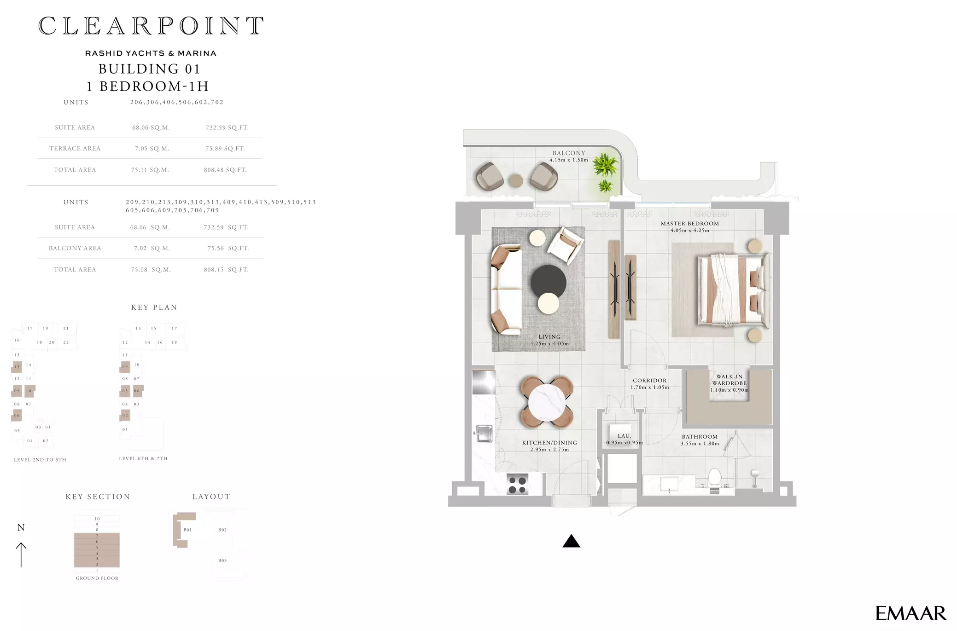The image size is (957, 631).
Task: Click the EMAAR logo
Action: click(910, 613)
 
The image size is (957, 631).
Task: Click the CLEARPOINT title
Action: click(151, 26)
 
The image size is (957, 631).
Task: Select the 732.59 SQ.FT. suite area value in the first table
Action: click(227, 127)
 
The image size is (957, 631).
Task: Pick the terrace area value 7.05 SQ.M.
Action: click(152, 148)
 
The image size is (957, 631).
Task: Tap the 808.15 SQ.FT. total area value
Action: click(226, 270)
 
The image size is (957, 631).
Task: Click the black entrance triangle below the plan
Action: click(571, 541)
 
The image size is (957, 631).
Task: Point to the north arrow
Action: click(21, 555)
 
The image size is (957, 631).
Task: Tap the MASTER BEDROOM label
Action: click(689, 224)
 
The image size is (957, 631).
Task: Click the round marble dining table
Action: click(547, 402)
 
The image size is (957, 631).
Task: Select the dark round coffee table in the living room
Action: click(548, 282)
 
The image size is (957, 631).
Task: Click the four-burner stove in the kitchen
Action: click(517, 485)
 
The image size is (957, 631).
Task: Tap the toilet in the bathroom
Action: click(714, 479)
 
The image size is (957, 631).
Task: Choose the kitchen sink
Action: click(484, 433)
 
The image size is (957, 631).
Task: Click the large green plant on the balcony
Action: click(606, 165)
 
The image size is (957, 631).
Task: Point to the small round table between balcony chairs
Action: click(516, 180)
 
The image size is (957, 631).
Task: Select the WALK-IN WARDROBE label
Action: click(729, 380)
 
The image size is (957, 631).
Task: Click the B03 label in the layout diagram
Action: click(222, 561)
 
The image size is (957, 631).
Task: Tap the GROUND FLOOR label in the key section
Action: click(97, 578)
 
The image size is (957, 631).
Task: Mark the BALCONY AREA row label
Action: click(75, 248)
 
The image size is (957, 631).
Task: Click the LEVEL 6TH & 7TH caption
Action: click(143, 458)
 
